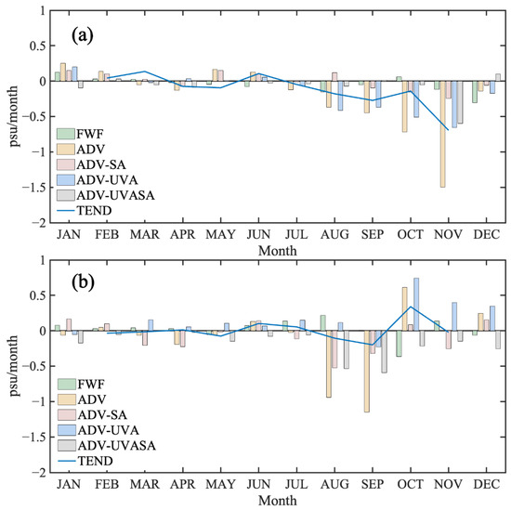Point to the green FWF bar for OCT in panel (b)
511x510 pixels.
399,343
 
